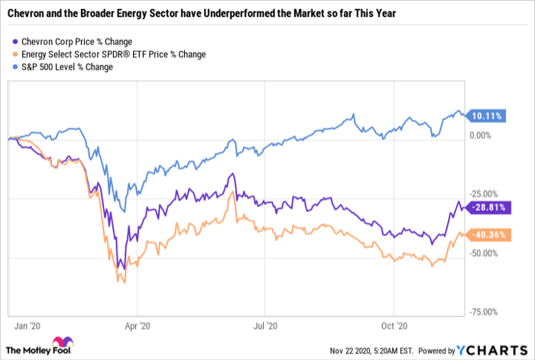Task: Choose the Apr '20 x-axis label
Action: pyautogui.click(x=136, y=324)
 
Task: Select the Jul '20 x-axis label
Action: pyautogui.click(x=264, y=324)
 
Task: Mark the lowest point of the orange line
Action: pyautogui.click(x=122, y=282)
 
